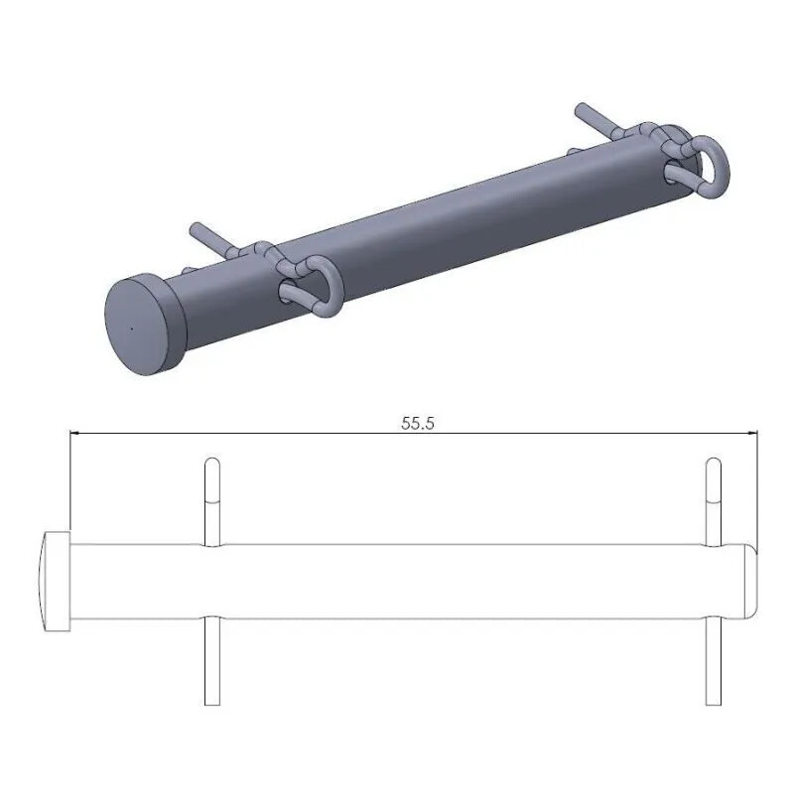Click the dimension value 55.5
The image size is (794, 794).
(x=419, y=422)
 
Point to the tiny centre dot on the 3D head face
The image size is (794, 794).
(x=130, y=325)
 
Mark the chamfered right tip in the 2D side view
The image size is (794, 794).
(x=750, y=580)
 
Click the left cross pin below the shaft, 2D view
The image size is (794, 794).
(x=211, y=660)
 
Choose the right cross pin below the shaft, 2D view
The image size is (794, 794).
(x=713, y=660)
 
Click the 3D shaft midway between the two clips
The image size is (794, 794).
(x=476, y=223)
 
